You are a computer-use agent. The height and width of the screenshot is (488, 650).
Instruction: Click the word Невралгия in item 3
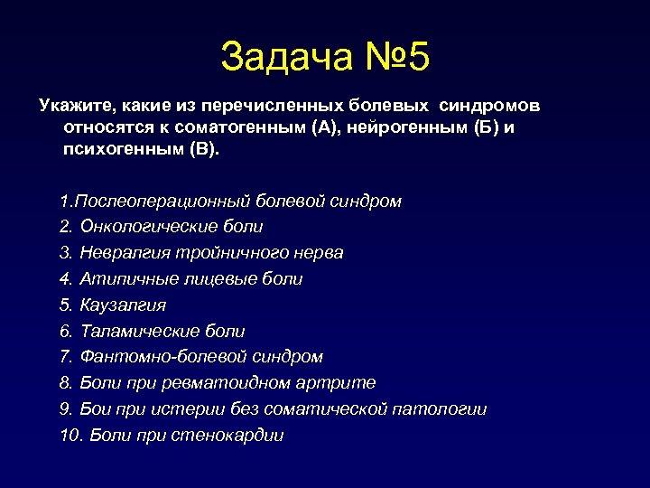click(x=120, y=253)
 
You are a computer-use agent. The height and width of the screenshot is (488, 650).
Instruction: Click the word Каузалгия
click(x=123, y=305)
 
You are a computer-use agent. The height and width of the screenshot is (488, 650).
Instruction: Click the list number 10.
click(x=69, y=436)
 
